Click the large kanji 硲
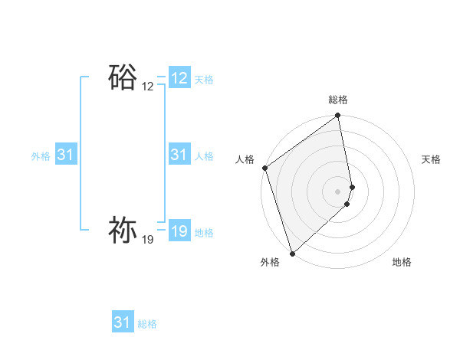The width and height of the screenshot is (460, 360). (123, 77)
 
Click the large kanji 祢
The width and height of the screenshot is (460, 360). (123, 230)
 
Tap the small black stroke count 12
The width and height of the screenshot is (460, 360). (147, 87)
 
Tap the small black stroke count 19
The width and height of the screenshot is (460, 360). (147, 240)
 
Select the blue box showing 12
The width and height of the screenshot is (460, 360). (179, 78)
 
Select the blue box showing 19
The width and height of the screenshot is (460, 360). (179, 231)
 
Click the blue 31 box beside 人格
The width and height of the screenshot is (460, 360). (179, 155)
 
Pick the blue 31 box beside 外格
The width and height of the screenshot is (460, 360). (65, 155)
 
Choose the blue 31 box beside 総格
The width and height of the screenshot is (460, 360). (123, 322)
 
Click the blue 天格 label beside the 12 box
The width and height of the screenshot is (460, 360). (204, 80)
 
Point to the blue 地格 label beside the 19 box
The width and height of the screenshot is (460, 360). (204, 233)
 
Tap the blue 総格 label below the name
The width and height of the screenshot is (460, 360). (147, 324)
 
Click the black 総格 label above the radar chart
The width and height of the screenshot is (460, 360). (338, 100)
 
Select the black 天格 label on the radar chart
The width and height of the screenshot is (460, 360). (432, 159)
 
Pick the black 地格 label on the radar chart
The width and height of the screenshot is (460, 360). (402, 262)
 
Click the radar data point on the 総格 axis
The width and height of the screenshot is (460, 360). (338, 116)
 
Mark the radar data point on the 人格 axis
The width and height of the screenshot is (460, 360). (264, 168)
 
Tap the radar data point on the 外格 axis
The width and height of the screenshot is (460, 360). (292, 254)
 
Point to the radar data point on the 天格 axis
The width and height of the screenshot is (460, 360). (353, 187)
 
